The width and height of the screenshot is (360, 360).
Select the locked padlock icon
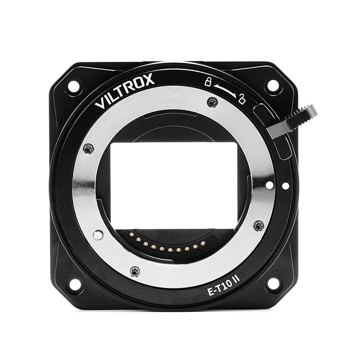(208, 81)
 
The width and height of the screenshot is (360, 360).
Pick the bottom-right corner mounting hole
(273, 284)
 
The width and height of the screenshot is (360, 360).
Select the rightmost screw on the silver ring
(258, 226)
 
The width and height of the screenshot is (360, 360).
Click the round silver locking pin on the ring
(97, 235)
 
